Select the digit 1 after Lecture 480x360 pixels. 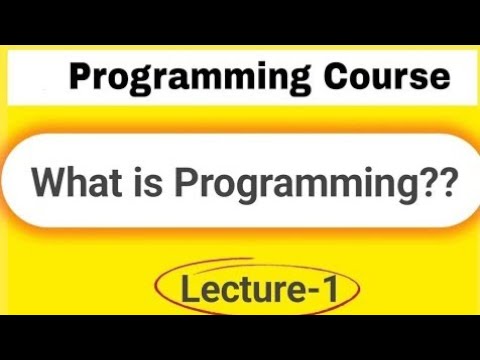326,291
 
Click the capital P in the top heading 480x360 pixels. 81,77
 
